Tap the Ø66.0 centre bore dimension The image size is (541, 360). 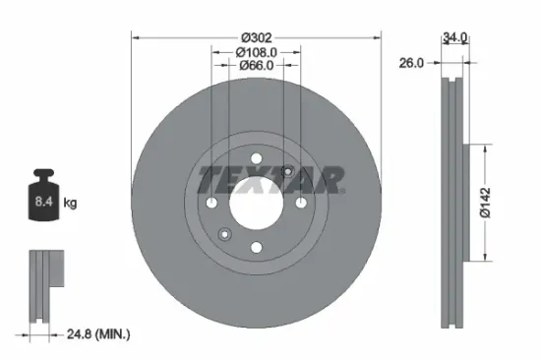click(x=256, y=65)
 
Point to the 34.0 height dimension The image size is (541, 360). click(x=454, y=37)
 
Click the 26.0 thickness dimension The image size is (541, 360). click(x=411, y=62)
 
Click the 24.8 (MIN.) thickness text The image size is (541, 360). click(x=94, y=335)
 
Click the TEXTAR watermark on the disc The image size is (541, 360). click(x=271, y=180)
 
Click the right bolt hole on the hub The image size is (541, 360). click(x=300, y=203)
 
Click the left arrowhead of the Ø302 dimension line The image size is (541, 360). click(x=136, y=38)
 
